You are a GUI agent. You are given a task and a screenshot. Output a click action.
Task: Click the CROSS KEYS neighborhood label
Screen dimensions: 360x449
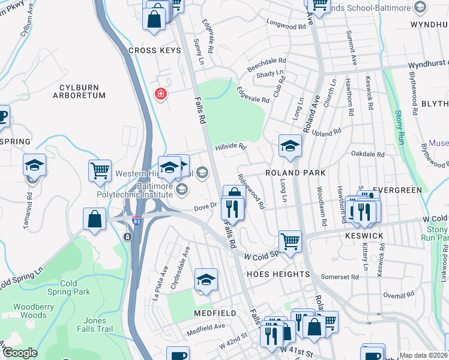click(154, 50)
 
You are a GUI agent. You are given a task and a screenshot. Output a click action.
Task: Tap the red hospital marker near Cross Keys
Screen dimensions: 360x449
click(160, 94)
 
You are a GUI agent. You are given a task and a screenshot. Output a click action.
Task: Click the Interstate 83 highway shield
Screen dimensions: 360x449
click(137, 220)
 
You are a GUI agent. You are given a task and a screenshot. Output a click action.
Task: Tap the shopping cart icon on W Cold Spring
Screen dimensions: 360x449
click(290, 242)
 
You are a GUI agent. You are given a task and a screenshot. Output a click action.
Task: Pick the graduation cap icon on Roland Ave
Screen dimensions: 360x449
click(290, 146)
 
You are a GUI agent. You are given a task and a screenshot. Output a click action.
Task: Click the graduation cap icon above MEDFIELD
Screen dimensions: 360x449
click(205, 280)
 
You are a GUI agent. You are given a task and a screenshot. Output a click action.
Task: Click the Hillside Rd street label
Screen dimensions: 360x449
click(231, 146)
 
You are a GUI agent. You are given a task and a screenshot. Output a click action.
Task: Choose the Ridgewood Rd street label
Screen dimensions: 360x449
click(251, 191)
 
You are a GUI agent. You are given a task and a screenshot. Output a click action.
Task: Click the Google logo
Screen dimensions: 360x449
click(20, 353)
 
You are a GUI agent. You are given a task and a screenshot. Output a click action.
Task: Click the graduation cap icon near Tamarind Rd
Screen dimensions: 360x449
click(35, 166)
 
